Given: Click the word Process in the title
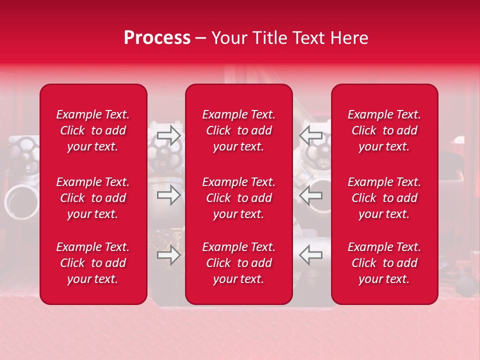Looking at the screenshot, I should click(x=157, y=38).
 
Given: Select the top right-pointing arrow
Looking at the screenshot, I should click(x=168, y=135).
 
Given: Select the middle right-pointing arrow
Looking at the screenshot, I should click(x=168, y=195).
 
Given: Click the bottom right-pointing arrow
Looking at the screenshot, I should click(x=168, y=255).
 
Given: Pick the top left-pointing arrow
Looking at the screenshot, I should click(x=310, y=135).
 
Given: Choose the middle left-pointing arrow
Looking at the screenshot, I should click(x=310, y=195).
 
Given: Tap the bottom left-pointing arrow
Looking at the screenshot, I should click(x=310, y=255).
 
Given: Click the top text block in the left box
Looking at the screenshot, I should click(x=93, y=130).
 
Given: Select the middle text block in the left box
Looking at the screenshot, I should click(x=93, y=198).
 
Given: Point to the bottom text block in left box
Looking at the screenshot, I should click(x=93, y=263).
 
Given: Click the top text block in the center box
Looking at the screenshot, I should click(x=238, y=130).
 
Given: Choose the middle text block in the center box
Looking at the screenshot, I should click(x=238, y=198).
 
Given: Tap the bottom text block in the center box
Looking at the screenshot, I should click(x=238, y=263).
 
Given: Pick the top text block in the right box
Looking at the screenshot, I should click(x=384, y=130).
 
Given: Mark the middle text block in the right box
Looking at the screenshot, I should click(x=384, y=198).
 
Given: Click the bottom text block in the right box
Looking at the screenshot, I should click(x=384, y=263).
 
